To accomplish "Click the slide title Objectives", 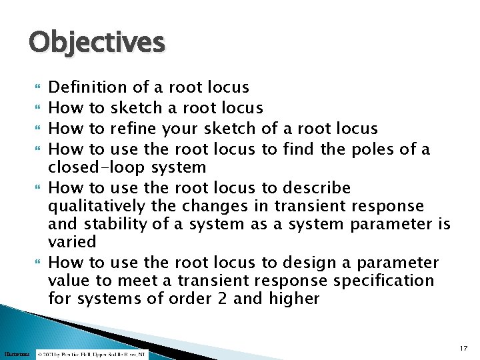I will [x=97, y=43].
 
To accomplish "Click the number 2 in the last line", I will [x=223, y=299].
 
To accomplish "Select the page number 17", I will [x=464, y=348].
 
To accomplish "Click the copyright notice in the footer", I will [x=91, y=354].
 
